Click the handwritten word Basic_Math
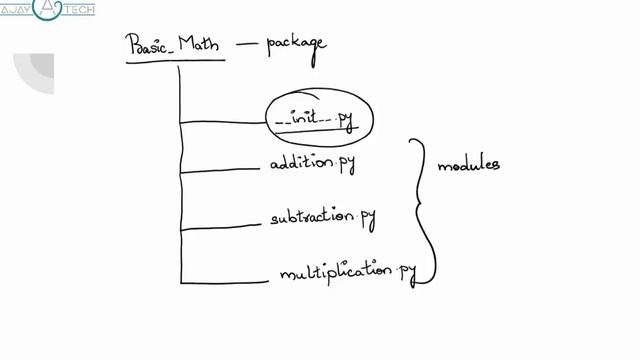point(174,45)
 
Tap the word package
point(296,44)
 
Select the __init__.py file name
point(314,120)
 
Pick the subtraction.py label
point(322,217)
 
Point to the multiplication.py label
point(346,272)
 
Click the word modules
point(469,165)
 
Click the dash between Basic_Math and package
point(247,43)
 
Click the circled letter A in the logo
point(50,10)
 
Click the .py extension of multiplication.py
point(406,271)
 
